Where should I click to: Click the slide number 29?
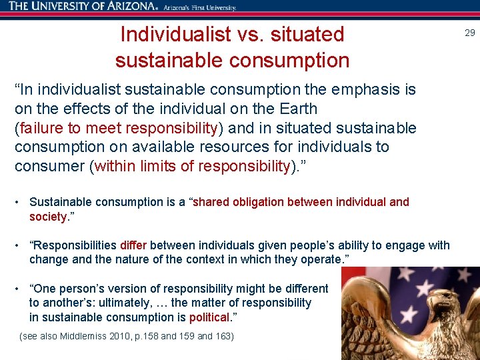(x=470, y=32)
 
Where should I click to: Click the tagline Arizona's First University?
(x=200, y=8)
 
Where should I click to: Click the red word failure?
(x=41, y=128)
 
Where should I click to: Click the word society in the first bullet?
(x=48, y=217)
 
